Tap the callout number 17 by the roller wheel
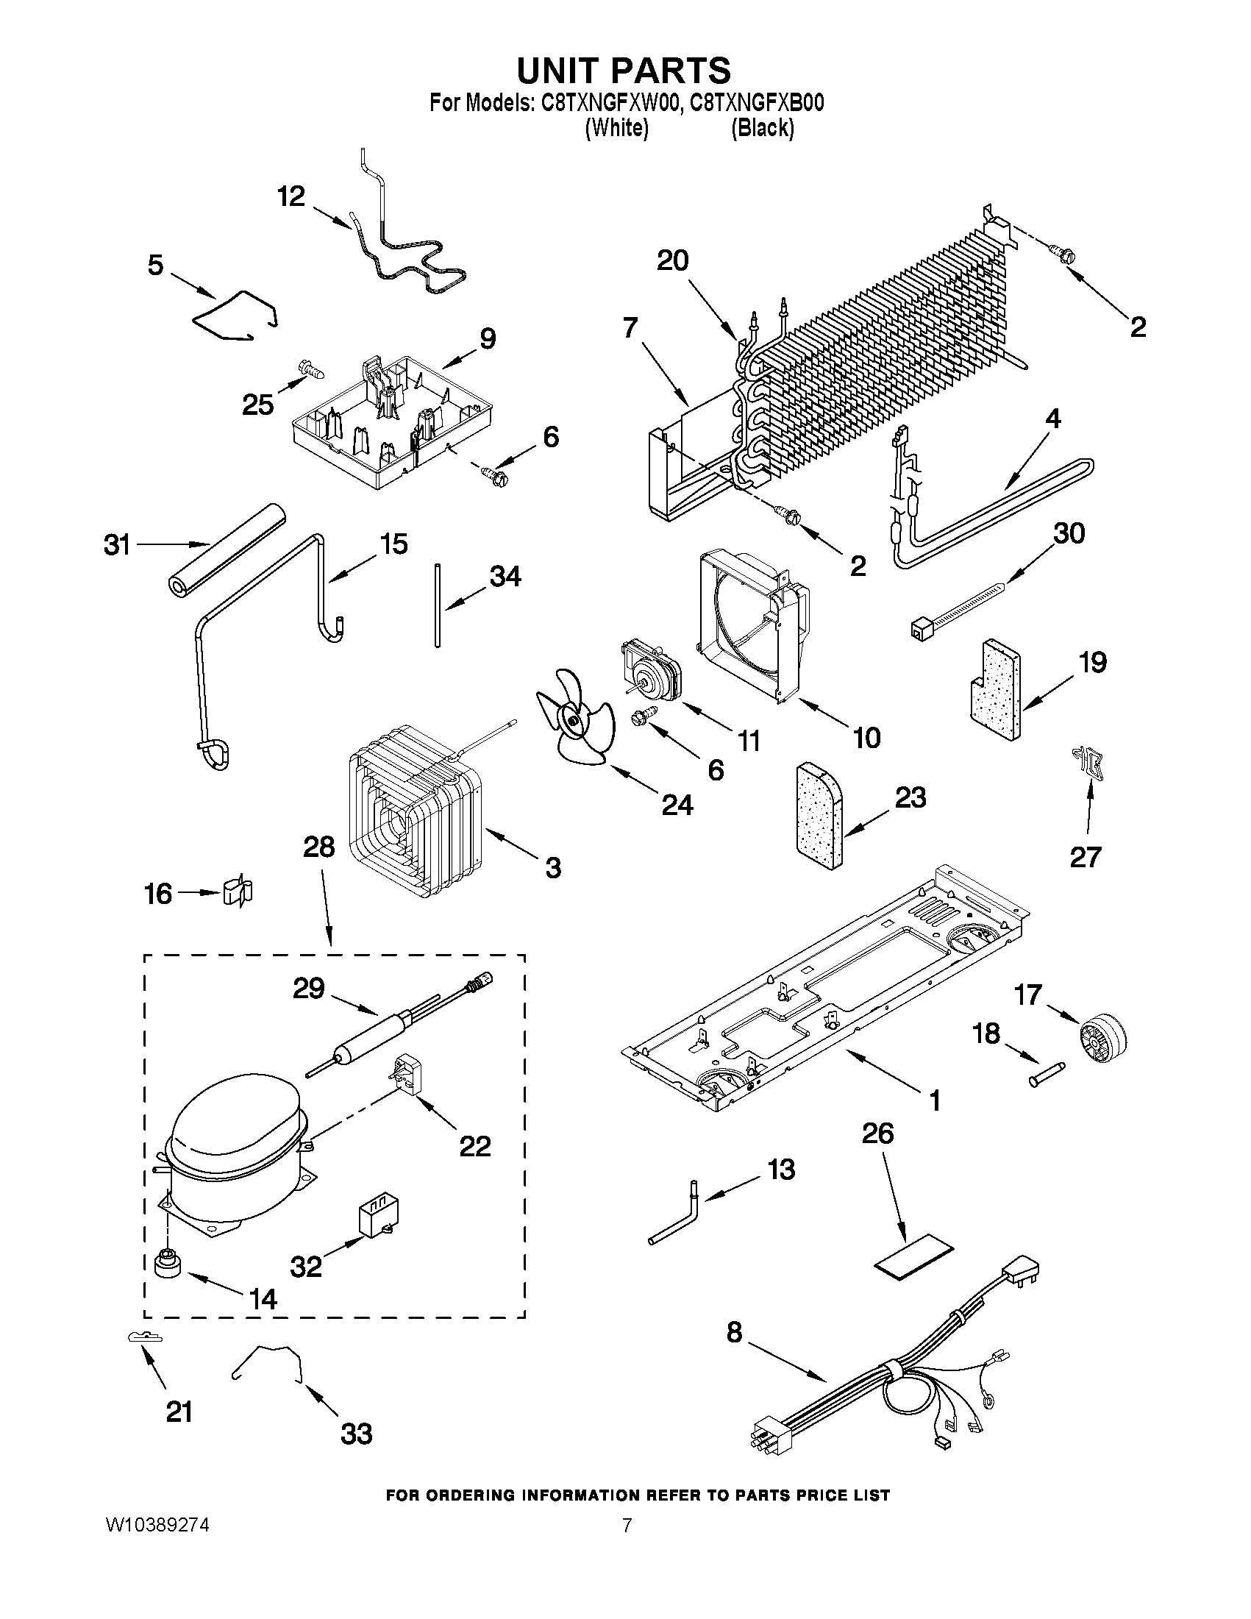(x=1028, y=994)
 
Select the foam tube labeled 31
(x=224, y=548)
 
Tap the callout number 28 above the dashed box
(x=318, y=847)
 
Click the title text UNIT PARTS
(x=624, y=71)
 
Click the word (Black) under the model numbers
(x=763, y=128)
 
